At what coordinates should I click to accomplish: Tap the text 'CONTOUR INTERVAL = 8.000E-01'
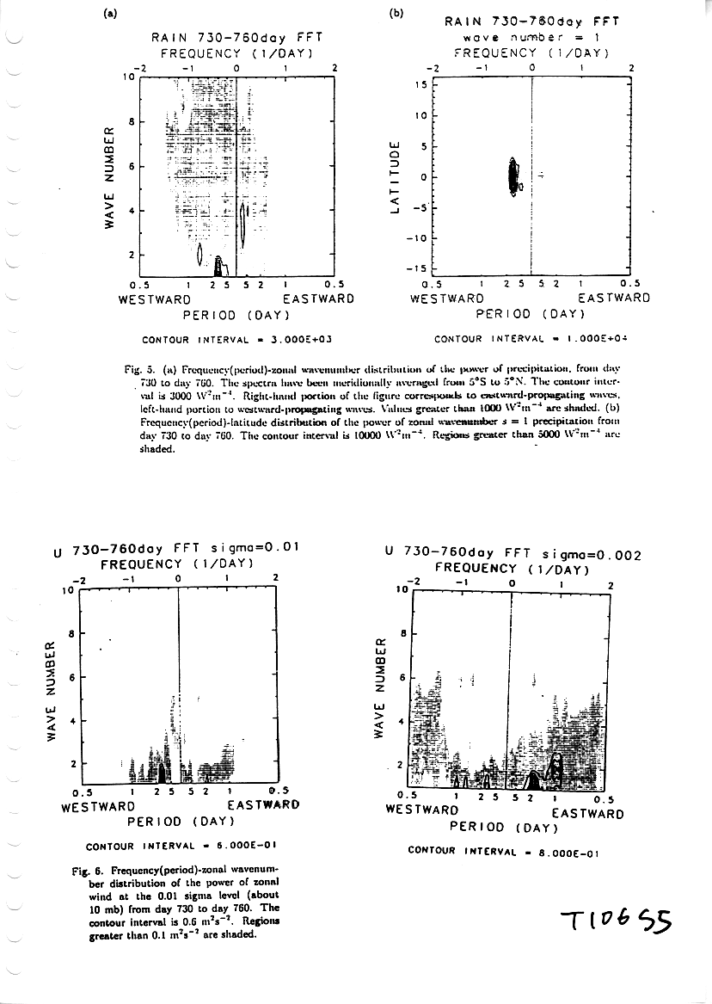(503, 853)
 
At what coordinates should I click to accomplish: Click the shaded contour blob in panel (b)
(513, 178)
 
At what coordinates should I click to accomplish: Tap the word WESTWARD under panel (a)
(154, 299)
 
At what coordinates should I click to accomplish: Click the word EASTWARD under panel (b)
(613, 299)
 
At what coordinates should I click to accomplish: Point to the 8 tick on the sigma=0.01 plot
(71, 633)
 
